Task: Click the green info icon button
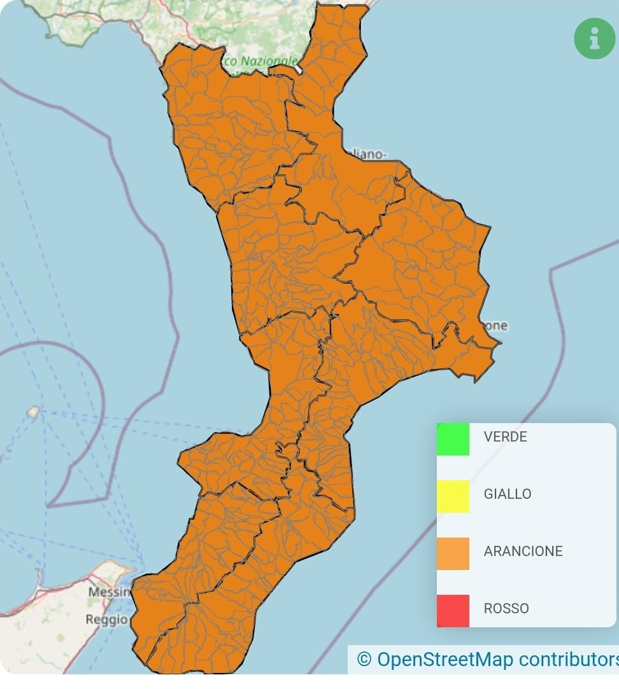(x=594, y=39)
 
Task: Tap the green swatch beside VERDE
(x=453, y=439)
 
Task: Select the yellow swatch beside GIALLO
(x=453, y=496)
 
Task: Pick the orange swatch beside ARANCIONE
(x=453, y=553)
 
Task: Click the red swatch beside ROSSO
(x=453, y=610)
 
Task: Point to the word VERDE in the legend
(x=505, y=437)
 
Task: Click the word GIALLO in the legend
(x=507, y=494)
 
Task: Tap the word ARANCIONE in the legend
(x=523, y=552)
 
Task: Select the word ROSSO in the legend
(x=506, y=609)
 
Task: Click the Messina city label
(x=109, y=592)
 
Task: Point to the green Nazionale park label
(x=267, y=62)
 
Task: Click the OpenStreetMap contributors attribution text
(x=497, y=658)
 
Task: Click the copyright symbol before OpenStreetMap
(x=364, y=658)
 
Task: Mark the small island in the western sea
(x=33, y=412)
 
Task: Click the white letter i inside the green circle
(x=594, y=39)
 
